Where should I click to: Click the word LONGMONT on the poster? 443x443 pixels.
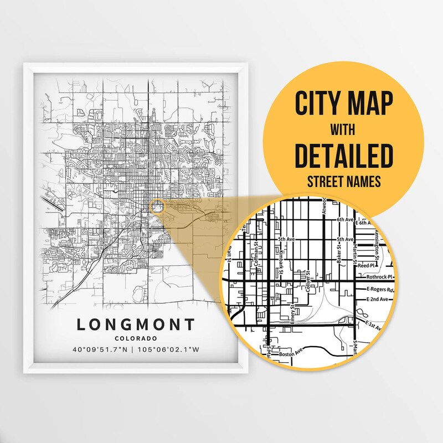pos(136,324)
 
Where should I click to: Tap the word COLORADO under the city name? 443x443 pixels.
pos(136,338)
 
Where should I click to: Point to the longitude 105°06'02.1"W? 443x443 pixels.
pos(169,350)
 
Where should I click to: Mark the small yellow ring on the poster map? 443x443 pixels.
pos(157,207)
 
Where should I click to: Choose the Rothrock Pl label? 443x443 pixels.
pos(379,277)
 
